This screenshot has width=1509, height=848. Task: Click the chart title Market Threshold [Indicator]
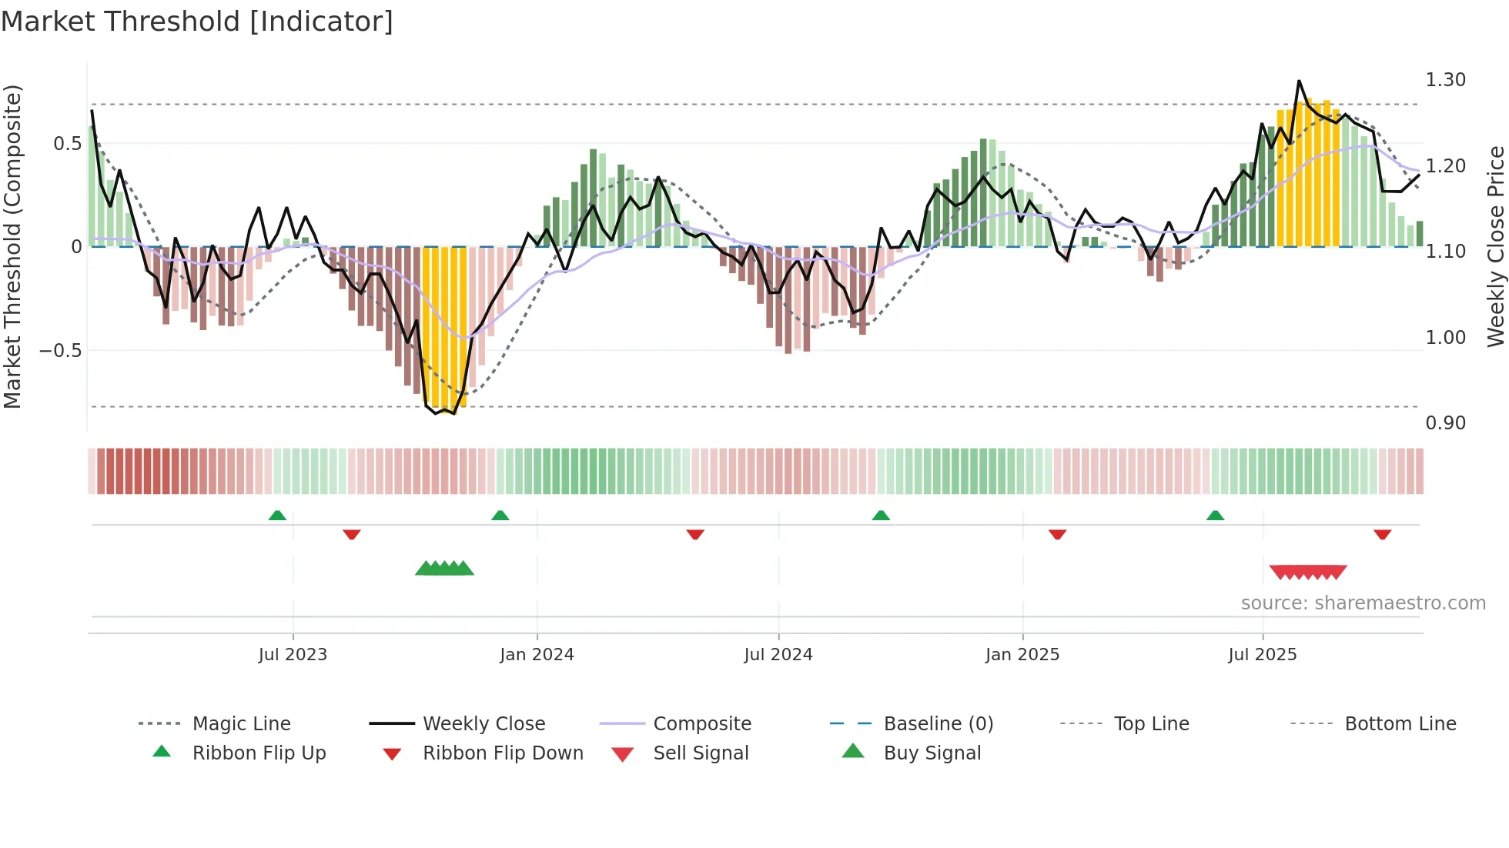[x=197, y=22]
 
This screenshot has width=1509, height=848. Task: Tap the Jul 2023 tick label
[x=293, y=654]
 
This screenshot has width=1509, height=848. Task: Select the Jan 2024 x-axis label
[x=537, y=654]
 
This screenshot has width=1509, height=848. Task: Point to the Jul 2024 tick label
[x=778, y=654]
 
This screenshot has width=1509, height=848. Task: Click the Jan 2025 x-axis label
[x=1022, y=654]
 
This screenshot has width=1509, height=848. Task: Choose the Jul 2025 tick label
[x=1263, y=654]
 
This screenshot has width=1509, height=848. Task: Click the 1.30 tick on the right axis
[x=1445, y=80]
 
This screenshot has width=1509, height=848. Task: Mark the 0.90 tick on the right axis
[x=1445, y=422]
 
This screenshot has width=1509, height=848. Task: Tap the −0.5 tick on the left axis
[x=61, y=350]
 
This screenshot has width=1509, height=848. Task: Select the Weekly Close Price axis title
[x=1495, y=246]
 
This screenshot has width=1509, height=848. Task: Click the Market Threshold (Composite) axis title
[x=12, y=246]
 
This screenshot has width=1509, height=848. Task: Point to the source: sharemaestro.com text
[x=1363, y=603]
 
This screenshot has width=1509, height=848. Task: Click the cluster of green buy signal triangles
[x=444, y=569]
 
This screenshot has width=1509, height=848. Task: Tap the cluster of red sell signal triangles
[x=1308, y=572]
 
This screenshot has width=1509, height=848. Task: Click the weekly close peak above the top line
[x=1299, y=82]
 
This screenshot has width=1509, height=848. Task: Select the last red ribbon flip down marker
[x=1382, y=534]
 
